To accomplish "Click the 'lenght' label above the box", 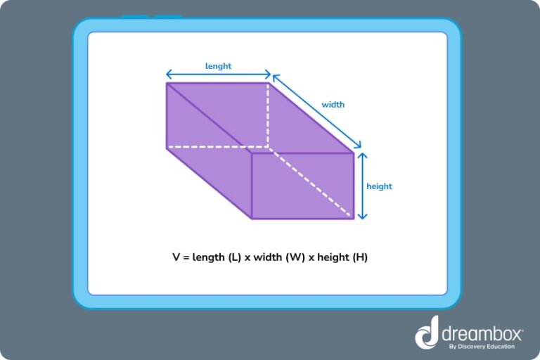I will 218,66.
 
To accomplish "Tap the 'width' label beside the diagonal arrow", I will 333,105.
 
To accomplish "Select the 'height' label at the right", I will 379,186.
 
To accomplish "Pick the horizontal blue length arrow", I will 218,75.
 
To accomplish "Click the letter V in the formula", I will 176,257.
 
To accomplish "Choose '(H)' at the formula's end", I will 359,257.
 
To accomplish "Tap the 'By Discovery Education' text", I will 485,346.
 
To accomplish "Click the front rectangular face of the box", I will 302,185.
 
